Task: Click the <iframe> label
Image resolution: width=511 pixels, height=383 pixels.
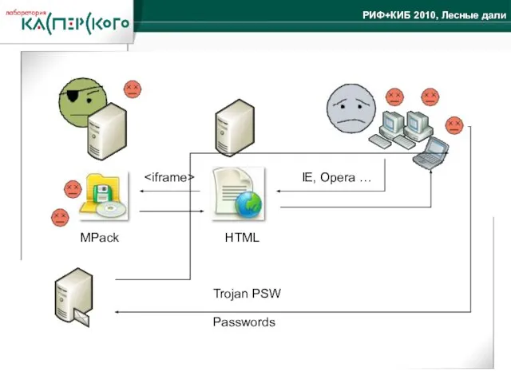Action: (170, 177)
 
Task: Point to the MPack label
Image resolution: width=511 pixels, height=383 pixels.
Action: (99, 238)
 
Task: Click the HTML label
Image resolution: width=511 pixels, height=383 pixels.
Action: (242, 238)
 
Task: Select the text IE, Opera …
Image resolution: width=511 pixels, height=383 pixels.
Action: (336, 177)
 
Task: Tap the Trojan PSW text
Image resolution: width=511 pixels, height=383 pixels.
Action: (247, 294)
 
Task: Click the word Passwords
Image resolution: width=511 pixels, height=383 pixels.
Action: (244, 322)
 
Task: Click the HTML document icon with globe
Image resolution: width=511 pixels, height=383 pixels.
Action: (237, 194)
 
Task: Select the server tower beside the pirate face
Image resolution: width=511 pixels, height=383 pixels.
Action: (106, 131)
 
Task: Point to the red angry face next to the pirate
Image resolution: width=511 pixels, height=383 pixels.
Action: (133, 89)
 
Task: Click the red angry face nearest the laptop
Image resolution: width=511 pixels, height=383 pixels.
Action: (454, 125)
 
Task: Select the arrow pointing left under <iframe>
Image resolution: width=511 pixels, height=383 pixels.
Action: (170, 191)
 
